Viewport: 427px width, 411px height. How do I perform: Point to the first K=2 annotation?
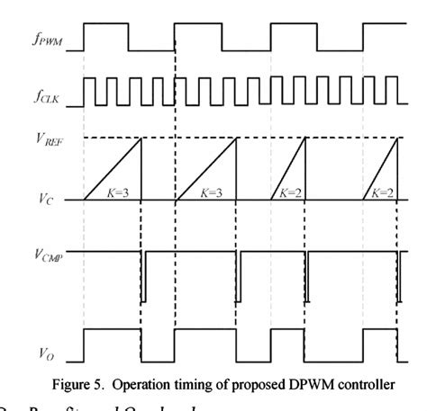(287, 192)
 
